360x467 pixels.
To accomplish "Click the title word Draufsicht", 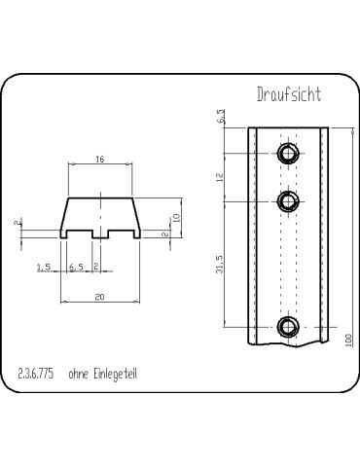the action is pyautogui.click(x=289, y=94).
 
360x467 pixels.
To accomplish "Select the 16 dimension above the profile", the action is pyautogui.click(x=100, y=160).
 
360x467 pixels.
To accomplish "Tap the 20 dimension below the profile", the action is pyautogui.click(x=100, y=297).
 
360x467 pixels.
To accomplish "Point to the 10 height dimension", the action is pyautogui.click(x=177, y=217).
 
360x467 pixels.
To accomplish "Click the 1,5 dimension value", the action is pyautogui.click(x=44, y=268).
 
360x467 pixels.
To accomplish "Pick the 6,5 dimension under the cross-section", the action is pyautogui.click(x=76, y=268).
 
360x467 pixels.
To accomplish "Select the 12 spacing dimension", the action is pyautogui.click(x=220, y=177).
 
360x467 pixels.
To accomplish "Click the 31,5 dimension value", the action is pyautogui.click(x=220, y=264).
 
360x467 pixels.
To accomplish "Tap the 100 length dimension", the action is pyautogui.click(x=348, y=341).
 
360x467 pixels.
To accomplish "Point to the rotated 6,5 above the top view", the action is pyautogui.click(x=222, y=116).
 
